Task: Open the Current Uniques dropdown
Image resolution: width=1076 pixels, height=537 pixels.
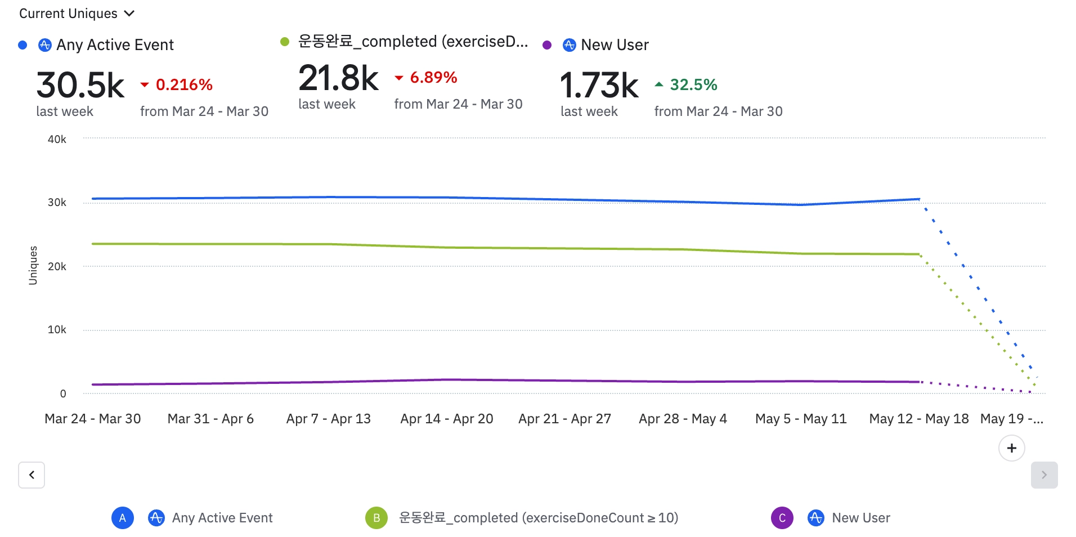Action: coord(77,14)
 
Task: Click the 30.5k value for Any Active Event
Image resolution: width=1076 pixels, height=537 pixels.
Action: coord(80,86)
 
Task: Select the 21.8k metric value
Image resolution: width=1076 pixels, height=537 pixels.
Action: coord(338,78)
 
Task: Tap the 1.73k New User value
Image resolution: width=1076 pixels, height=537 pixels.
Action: coord(599,86)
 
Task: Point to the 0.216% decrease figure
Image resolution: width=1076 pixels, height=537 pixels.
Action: coord(183,85)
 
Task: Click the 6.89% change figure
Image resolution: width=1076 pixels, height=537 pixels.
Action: coord(433,78)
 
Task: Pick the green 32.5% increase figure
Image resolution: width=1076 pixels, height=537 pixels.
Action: coord(693,85)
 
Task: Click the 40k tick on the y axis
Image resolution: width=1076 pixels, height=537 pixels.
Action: coord(57,139)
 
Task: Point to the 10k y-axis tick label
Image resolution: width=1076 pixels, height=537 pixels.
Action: coord(57,329)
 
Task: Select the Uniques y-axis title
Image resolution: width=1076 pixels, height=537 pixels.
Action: coord(33,265)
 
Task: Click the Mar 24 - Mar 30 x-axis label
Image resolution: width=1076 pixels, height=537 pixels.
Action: coord(93,419)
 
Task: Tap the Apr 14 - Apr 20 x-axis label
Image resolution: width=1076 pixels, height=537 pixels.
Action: coord(447,419)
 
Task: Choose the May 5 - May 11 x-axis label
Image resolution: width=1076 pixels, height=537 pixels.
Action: coord(801,419)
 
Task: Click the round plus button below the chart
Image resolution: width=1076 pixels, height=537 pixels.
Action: coord(1011,448)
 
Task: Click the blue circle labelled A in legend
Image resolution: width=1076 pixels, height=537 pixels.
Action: coord(123,518)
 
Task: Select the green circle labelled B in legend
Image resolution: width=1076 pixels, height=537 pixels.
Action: coord(376,518)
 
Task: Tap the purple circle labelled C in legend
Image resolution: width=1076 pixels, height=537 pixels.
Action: coord(782,518)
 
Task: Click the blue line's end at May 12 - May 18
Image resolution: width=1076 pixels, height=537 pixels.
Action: coord(919,199)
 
